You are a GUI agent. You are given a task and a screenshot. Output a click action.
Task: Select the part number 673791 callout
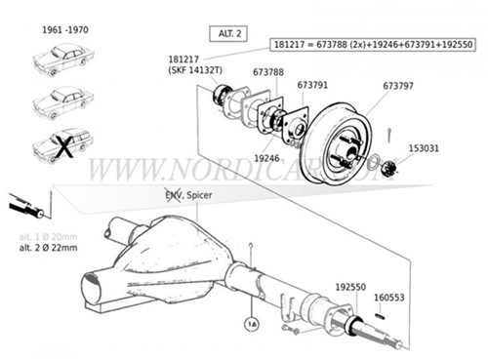click(x=311, y=86)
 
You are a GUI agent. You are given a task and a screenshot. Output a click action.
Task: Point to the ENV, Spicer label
click(x=188, y=196)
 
